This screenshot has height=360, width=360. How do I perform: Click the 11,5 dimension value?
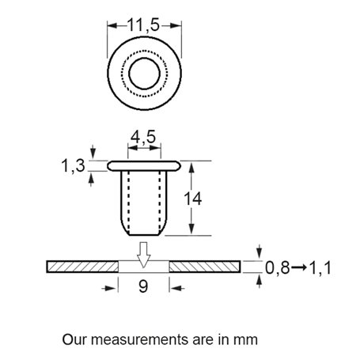pos(143,25)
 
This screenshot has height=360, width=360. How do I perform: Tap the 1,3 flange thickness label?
pos(74,166)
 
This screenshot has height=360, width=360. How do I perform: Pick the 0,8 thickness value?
pos(278,268)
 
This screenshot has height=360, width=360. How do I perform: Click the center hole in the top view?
pos(143,74)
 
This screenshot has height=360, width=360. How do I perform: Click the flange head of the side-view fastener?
pos(143,166)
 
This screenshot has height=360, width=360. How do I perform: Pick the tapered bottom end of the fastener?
pos(143,231)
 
